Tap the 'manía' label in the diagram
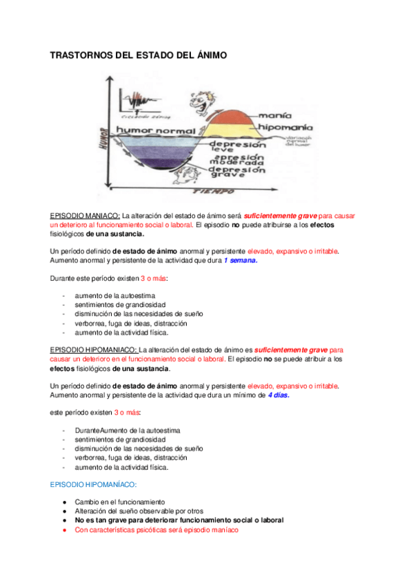[274, 116]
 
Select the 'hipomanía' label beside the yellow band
[285, 128]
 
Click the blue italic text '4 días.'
[279, 395]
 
